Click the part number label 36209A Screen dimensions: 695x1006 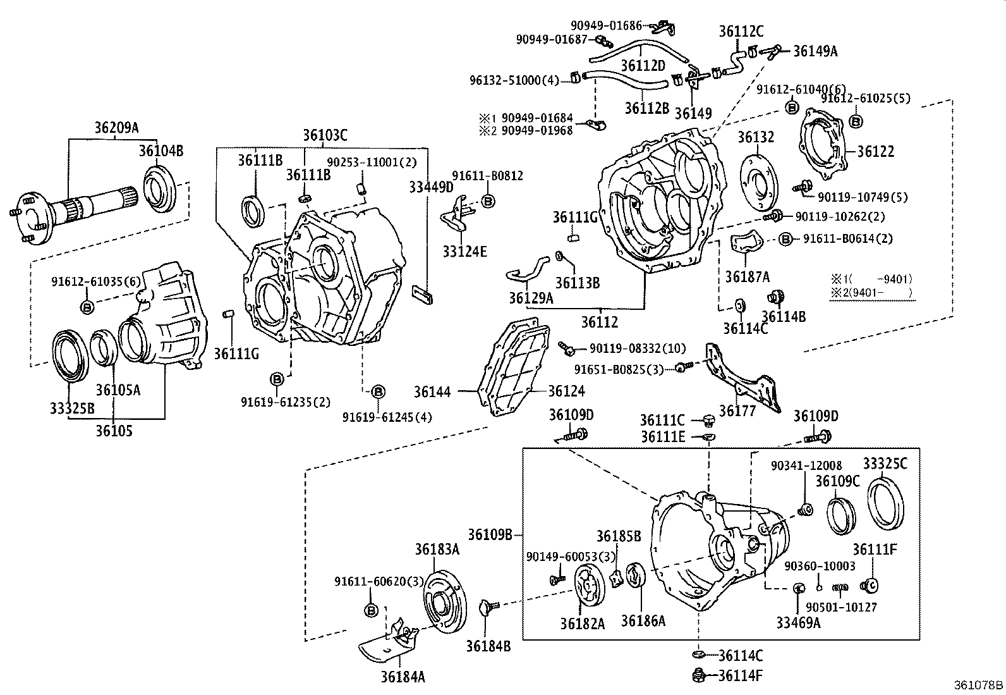click(x=116, y=127)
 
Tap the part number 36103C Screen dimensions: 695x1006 click(x=325, y=135)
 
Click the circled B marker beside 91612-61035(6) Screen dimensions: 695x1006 click(x=87, y=307)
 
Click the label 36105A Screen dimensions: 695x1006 click(x=118, y=390)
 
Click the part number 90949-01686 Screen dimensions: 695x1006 click(x=605, y=26)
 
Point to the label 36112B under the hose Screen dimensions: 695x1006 click(x=646, y=108)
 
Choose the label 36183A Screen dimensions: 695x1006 click(x=437, y=550)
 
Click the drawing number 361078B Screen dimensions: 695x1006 click(x=978, y=685)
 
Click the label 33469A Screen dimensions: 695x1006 click(x=798, y=622)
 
